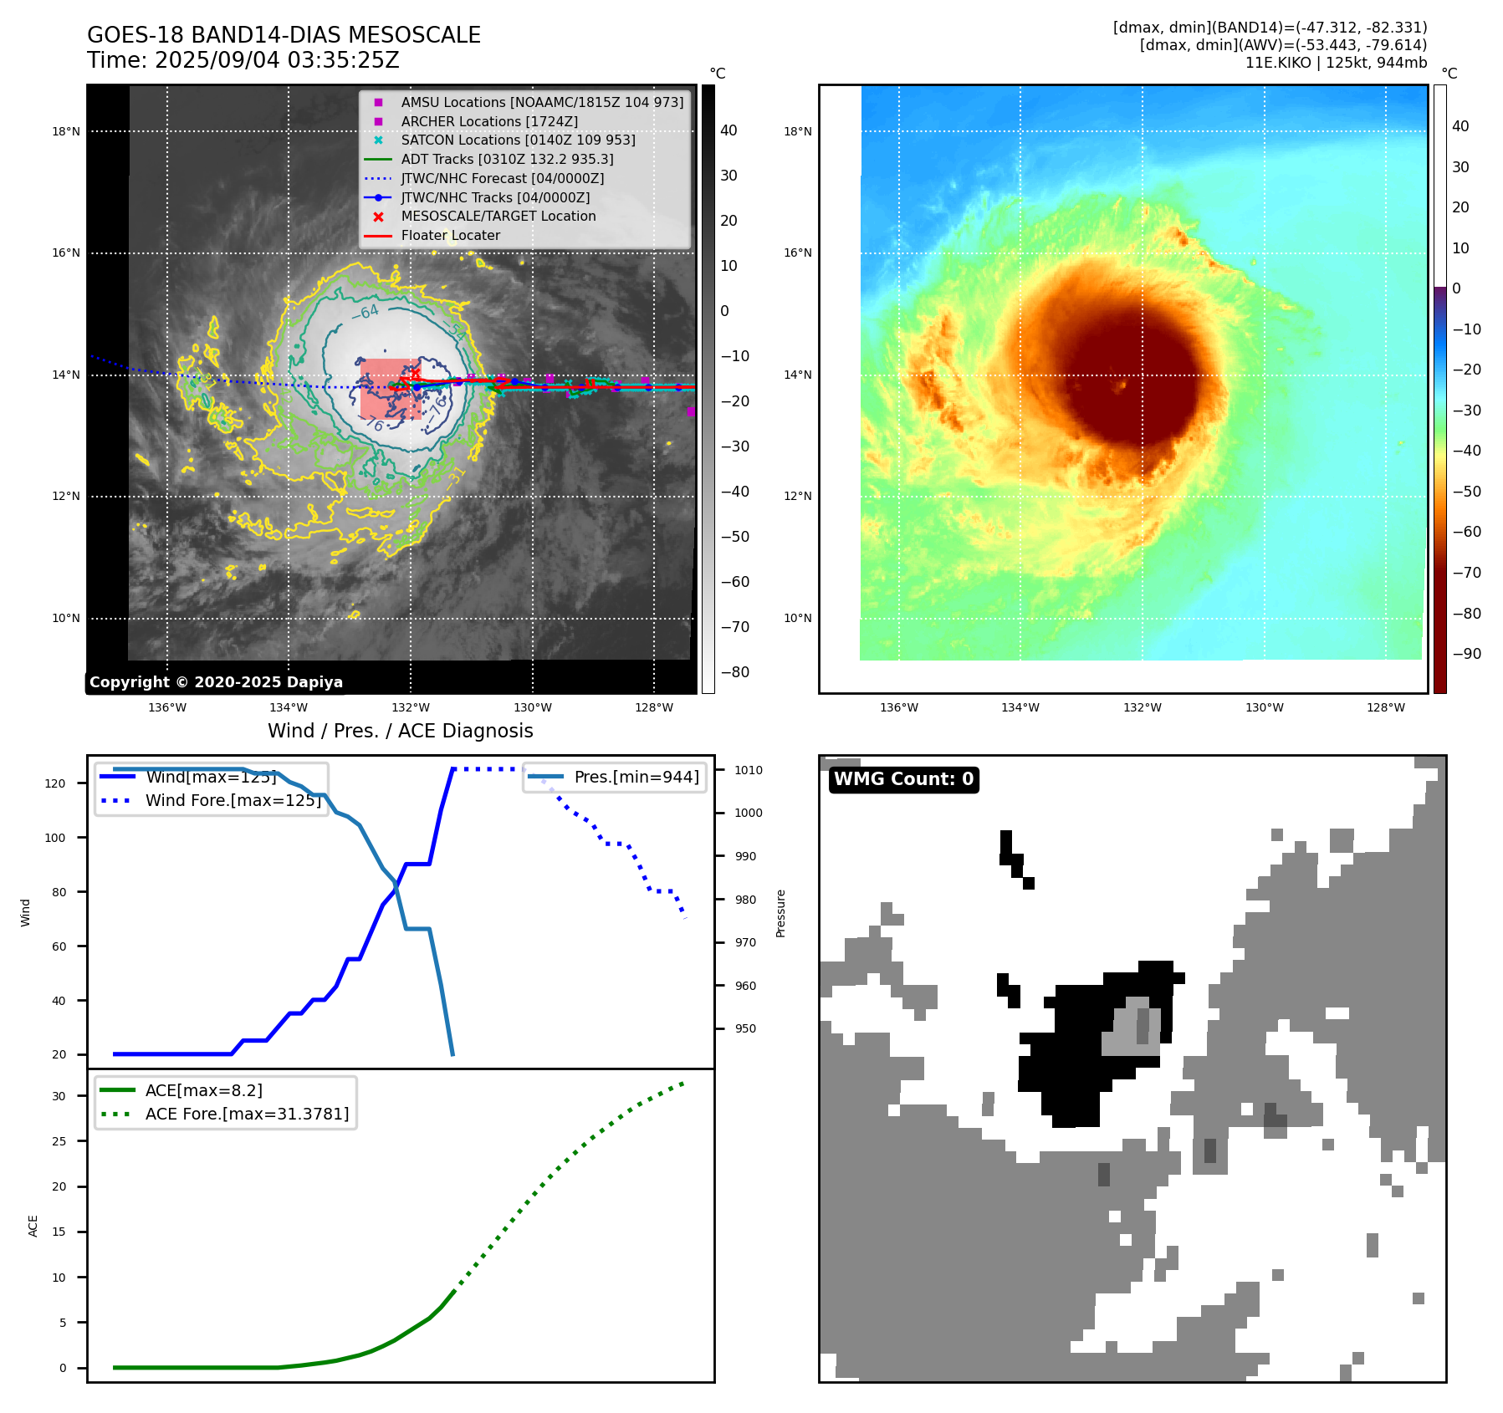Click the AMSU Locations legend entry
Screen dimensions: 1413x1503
(541, 102)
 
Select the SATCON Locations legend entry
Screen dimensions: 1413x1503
(518, 140)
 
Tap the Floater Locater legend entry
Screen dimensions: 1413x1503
(450, 236)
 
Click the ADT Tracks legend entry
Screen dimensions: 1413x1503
(507, 159)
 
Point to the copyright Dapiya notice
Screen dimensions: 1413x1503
(216, 682)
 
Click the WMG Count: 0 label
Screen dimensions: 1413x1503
(903, 779)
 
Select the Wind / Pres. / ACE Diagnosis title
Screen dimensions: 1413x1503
(400, 731)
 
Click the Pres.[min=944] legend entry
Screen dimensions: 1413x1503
(636, 777)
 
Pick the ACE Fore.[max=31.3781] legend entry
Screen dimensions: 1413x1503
(247, 1114)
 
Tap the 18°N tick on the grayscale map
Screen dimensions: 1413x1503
(66, 131)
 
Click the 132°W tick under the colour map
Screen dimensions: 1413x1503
(1142, 707)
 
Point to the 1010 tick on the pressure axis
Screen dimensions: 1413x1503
(749, 770)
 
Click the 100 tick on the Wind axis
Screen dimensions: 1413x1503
(55, 838)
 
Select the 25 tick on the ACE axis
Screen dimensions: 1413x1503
(59, 1141)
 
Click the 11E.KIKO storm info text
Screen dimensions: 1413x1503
(1336, 63)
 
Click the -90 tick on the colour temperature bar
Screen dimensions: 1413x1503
(1466, 654)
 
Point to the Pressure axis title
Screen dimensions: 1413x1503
(780, 913)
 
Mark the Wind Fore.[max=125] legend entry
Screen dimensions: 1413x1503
(233, 800)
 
